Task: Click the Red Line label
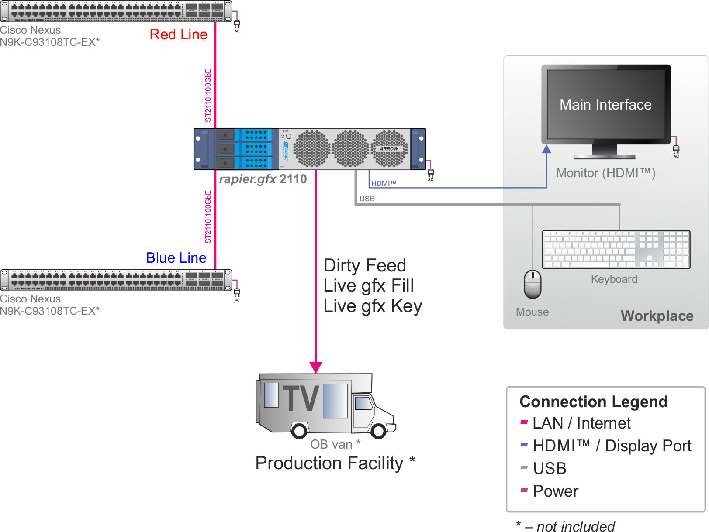pos(178,34)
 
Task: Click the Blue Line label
pos(176,258)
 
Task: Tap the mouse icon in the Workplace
pos(533,284)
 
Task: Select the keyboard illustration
pos(616,250)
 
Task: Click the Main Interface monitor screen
pos(605,105)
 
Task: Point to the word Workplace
pos(657,316)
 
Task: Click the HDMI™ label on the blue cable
pos(384,183)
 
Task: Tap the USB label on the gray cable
pos(367,199)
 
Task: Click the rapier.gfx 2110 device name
pos(263,179)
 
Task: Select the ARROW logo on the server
pos(389,149)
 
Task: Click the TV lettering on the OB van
pos(301,398)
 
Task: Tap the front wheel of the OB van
pos(378,431)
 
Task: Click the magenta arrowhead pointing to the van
pos(316,367)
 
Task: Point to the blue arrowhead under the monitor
pos(546,149)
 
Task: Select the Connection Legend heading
pos(593,402)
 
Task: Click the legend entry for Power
pos(555,491)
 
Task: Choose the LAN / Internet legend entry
pos(581,423)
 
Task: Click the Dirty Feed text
pos(365,266)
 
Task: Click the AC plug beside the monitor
pos(676,150)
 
